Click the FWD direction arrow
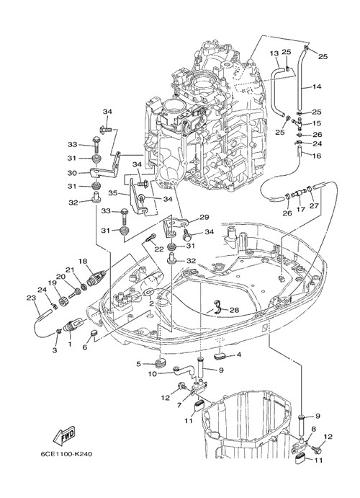(x=64, y=437)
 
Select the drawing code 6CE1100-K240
(x=66, y=454)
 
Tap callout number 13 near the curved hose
(x=274, y=53)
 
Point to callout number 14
(x=317, y=86)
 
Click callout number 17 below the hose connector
(x=301, y=209)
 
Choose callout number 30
(x=73, y=173)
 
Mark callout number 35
(x=114, y=193)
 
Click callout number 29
(x=204, y=217)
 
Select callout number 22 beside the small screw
(x=159, y=249)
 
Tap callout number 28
(x=234, y=310)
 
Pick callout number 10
(x=153, y=374)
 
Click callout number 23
(x=31, y=298)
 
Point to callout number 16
(x=317, y=156)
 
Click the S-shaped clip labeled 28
(x=216, y=306)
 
